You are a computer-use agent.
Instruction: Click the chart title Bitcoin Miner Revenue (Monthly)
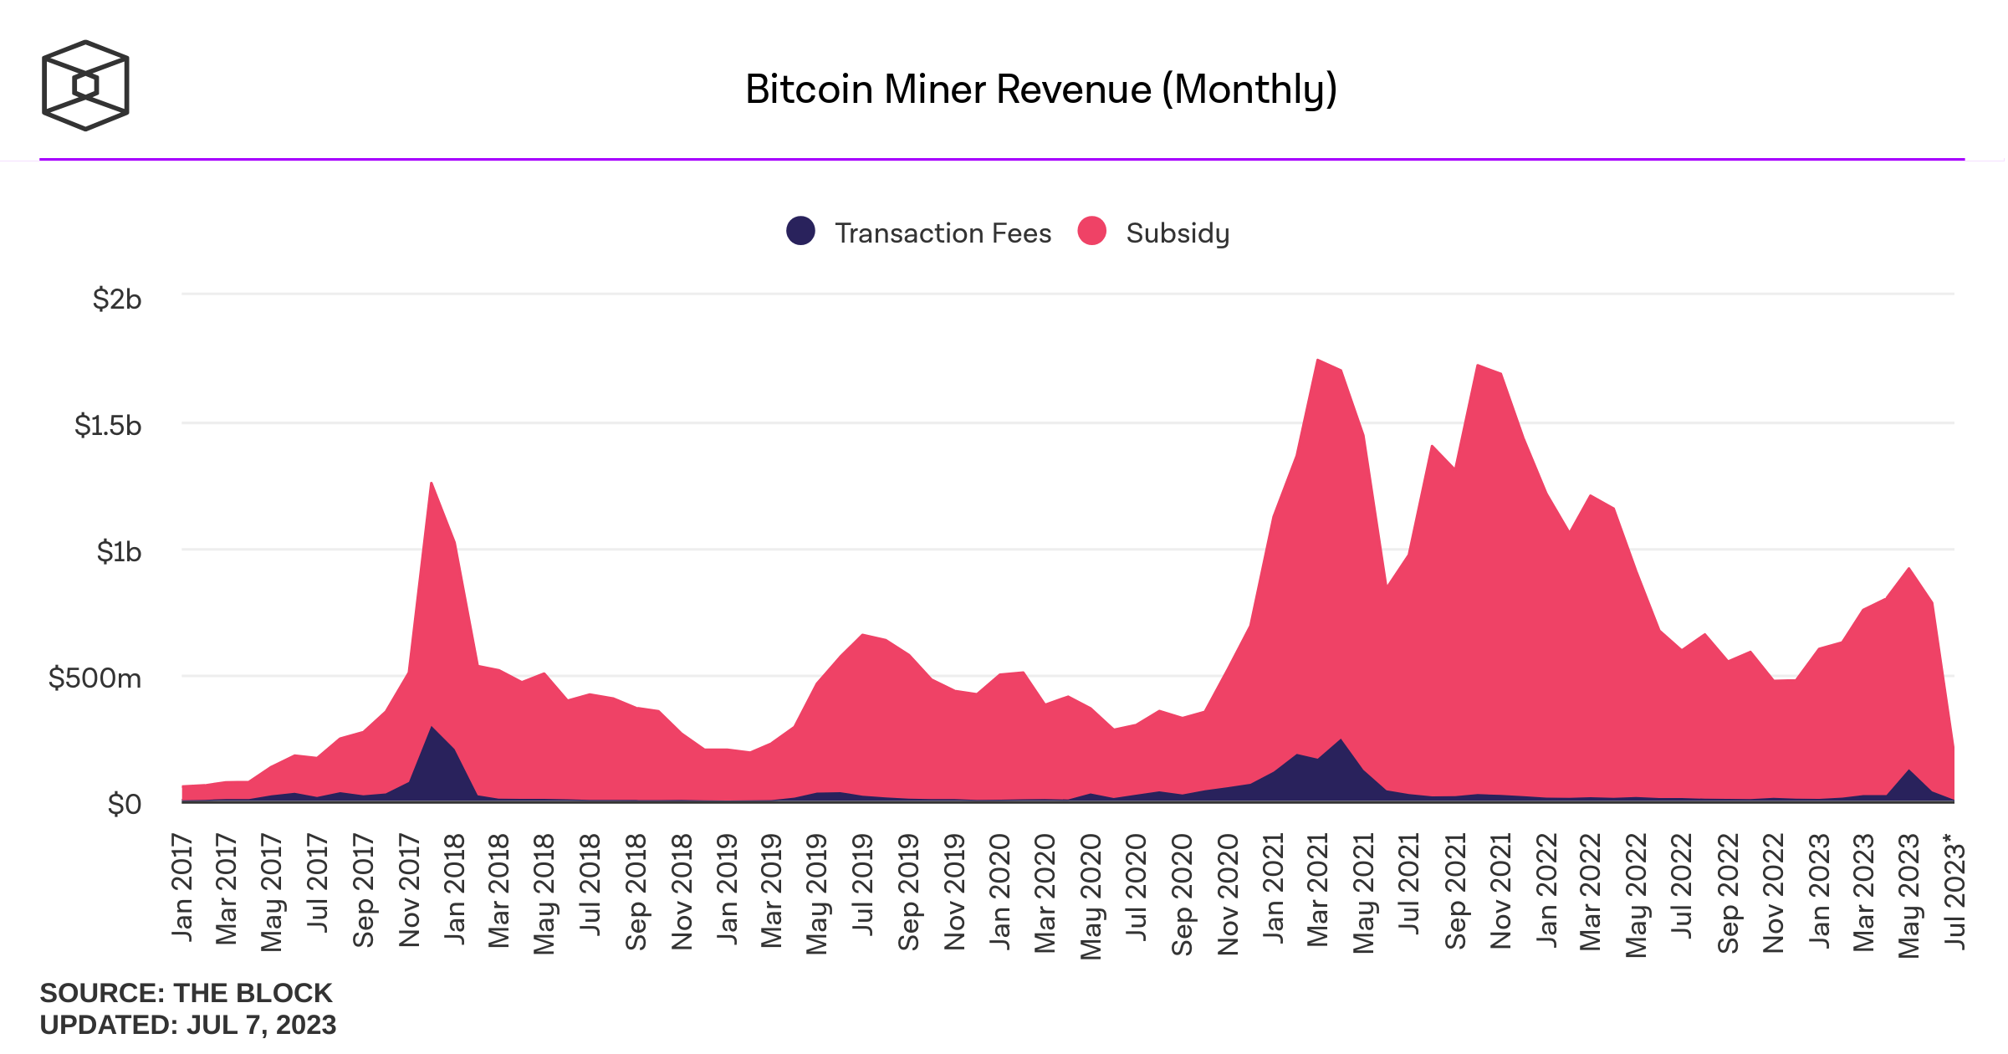point(1040,90)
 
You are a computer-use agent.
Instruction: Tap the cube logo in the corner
point(85,85)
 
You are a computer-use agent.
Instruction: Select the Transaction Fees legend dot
point(800,231)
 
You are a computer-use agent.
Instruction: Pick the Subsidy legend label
point(1178,233)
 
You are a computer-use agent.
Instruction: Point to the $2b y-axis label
point(117,299)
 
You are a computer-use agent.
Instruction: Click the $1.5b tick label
point(108,425)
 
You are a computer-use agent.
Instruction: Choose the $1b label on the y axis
point(119,551)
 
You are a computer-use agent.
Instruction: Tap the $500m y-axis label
point(95,678)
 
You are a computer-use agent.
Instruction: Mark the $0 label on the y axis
point(125,804)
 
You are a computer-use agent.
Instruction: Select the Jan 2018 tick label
point(455,888)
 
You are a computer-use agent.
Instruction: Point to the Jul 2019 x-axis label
point(863,885)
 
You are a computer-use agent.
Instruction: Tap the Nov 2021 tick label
point(1500,891)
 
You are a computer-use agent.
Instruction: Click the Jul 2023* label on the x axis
point(1955,891)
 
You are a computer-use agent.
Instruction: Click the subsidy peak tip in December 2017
point(432,484)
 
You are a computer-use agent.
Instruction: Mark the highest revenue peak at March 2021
point(1317,361)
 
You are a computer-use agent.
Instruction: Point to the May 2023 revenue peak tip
point(1909,569)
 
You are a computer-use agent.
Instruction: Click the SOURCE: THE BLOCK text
point(186,993)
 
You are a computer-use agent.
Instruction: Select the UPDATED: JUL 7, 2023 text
point(188,1025)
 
